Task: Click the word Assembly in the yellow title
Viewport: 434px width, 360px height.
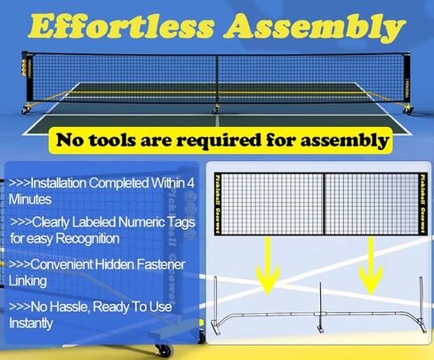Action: [315, 28]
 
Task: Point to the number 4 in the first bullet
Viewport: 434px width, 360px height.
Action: [191, 183]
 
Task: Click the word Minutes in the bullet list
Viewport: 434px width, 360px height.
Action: [30, 199]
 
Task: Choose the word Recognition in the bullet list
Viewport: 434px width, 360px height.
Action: [88, 239]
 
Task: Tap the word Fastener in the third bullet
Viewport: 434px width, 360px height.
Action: [161, 264]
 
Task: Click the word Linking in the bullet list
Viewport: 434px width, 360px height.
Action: [28, 281]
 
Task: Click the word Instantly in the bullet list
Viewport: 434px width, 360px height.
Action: [31, 324]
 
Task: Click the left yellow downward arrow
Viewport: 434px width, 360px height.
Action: [268, 267]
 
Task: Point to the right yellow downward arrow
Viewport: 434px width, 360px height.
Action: [371, 266]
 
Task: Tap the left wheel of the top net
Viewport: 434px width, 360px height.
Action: [26, 110]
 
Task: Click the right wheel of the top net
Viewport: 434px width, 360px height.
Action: [408, 111]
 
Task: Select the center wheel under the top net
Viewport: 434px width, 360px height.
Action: [215, 110]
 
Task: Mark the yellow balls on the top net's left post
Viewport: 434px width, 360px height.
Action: [24, 68]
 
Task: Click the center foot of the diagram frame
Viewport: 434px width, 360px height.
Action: [320, 329]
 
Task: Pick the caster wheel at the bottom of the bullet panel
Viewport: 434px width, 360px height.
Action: [164, 350]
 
